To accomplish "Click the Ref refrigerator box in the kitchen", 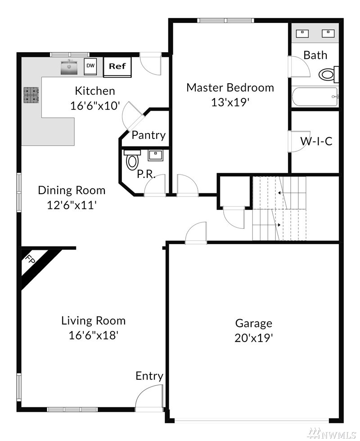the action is (117, 67).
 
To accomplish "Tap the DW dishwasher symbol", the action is (90, 67).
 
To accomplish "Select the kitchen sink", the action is (69, 67).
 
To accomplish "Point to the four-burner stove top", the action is (31, 95).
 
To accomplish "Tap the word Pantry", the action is (148, 135).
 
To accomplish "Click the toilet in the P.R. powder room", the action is (132, 160).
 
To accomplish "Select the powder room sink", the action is (156, 155).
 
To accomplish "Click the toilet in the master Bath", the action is (328, 75).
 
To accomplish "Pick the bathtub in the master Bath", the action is (315, 97).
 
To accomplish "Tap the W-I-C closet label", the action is (316, 141).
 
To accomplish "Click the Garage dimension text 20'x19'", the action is (254, 338).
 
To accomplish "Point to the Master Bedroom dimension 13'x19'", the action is (230, 102).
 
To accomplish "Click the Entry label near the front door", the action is (149, 376).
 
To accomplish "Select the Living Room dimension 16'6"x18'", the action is (93, 335).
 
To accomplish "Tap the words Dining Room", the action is (72, 191).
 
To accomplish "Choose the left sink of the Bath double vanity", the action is (302, 33).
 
